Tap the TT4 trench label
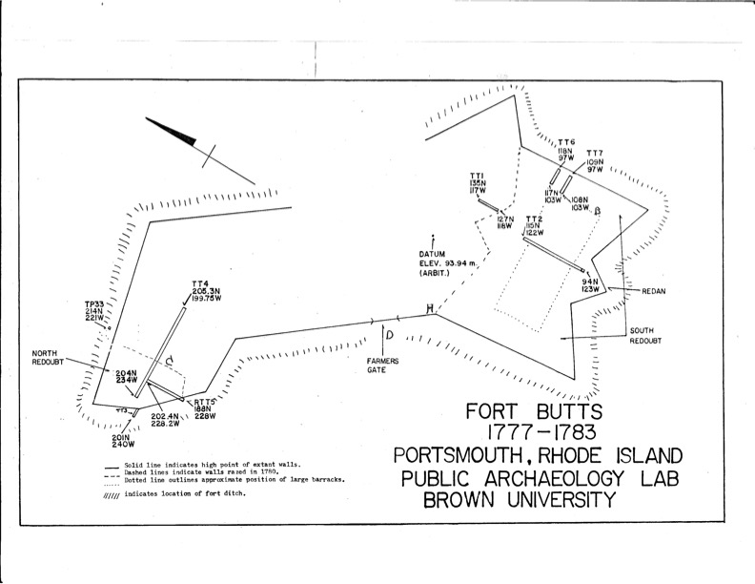[199, 283]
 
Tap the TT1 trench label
[477, 176]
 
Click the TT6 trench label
[566, 142]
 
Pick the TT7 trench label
[594, 154]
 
